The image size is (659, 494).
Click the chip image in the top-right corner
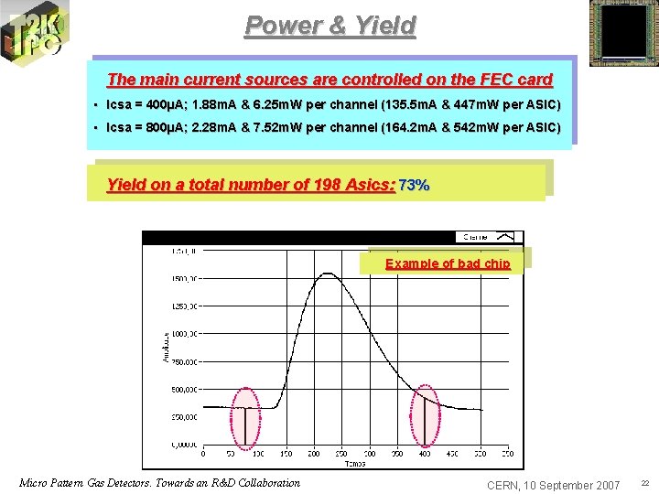pos(623,33)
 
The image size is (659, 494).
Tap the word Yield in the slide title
pos(384,26)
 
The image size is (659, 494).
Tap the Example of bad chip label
pos(448,263)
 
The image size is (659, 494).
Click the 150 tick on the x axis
pos(286,453)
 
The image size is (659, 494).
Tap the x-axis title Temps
pos(355,464)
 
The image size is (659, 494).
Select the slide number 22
pos(644,483)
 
